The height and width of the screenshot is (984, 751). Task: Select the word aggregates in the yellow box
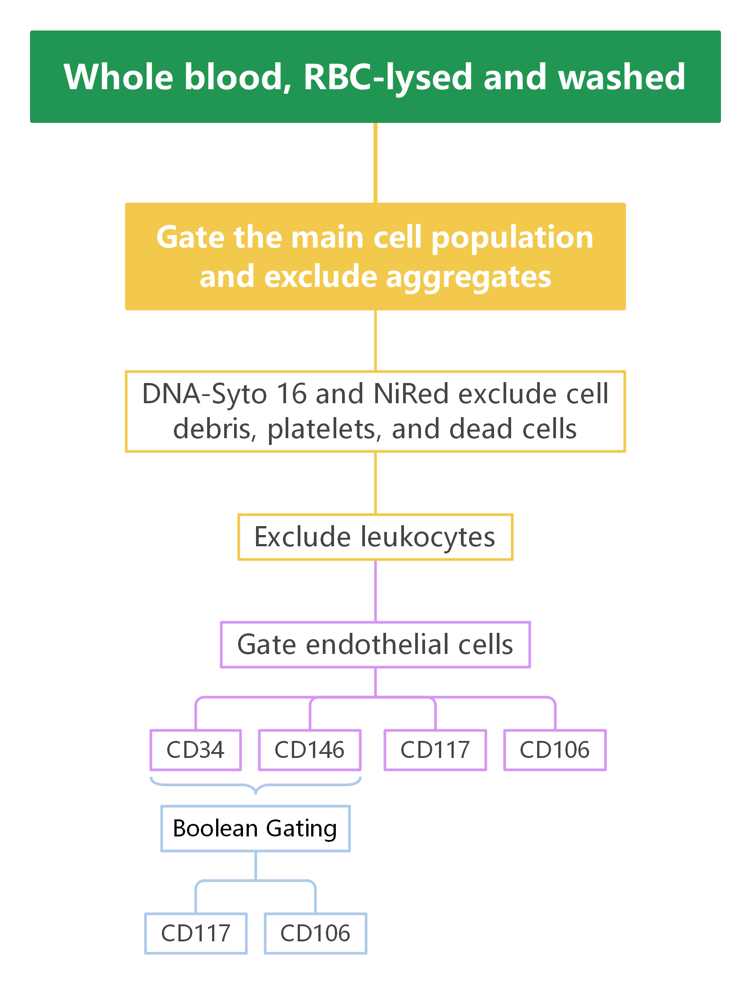point(468,277)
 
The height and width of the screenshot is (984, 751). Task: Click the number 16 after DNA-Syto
point(291,394)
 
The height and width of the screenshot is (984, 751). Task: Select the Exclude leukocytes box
point(375,537)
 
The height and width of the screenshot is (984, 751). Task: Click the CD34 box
point(195,750)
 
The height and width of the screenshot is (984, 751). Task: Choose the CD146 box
point(309,750)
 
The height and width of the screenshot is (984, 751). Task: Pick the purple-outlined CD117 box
point(435,750)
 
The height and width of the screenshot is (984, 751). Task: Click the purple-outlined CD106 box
point(555,750)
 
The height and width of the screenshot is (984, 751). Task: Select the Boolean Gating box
point(255,828)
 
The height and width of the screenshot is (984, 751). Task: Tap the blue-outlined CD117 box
point(195,933)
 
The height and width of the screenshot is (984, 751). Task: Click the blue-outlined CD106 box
point(315,933)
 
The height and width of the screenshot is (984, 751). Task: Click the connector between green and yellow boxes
point(375,162)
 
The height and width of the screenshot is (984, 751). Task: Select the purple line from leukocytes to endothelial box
point(375,591)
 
